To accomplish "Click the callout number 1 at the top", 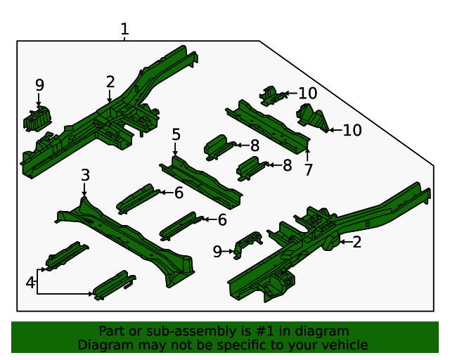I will pyautogui.click(x=124, y=30).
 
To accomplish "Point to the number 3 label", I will pyautogui.click(x=85, y=175).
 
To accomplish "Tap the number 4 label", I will pyautogui.click(x=30, y=283).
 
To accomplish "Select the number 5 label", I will pyautogui.click(x=176, y=134).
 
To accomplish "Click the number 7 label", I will pyautogui.click(x=308, y=169).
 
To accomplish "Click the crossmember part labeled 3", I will pyautogui.click(x=127, y=236).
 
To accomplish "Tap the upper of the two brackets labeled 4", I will pyautogui.click(x=67, y=255).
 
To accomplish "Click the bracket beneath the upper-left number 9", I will pyautogui.click(x=38, y=119).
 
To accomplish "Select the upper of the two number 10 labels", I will pyautogui.click(x=307, y=93).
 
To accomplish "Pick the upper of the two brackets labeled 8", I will pyautogui.click(x=219, y=146).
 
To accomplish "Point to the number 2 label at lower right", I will pyautogui.click(x=356, y=243).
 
